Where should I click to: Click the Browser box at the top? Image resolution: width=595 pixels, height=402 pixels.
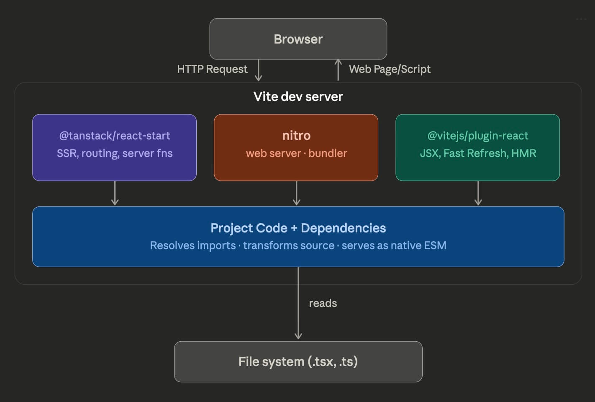[298, 39]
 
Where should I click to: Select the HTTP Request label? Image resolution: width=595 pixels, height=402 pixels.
[212, 69]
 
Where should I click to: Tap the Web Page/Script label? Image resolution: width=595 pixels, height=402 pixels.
[390, 69]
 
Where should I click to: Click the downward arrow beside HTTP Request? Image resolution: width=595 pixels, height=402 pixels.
[259, 70]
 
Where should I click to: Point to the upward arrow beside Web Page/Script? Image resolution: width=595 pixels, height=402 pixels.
[338, 70]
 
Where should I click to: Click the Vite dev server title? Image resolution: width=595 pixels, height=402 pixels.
[298, 97]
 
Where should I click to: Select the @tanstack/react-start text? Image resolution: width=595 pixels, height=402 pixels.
[115, 136]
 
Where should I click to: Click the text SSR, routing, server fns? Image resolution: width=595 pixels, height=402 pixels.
[115, 153]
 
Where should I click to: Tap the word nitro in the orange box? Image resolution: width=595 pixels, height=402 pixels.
[296, 136]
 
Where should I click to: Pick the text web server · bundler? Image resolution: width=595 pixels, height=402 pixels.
[296, 153]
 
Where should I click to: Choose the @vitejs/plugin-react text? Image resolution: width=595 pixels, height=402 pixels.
[477, 136]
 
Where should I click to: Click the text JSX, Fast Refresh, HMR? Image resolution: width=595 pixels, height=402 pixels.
[477, 153]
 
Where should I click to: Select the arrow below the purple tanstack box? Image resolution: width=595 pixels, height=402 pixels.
[115, 193]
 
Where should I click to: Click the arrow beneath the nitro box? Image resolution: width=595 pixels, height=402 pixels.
[296, 193]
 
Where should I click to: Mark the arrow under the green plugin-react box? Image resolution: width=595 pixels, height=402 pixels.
[478, 193]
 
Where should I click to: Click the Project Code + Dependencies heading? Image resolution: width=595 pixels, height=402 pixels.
[298, 228]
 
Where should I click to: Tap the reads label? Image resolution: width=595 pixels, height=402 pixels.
[323, 303]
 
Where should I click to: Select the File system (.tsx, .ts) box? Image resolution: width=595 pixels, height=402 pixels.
[298, 362]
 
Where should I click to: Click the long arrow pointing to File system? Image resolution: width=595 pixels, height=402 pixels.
[298, 310]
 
